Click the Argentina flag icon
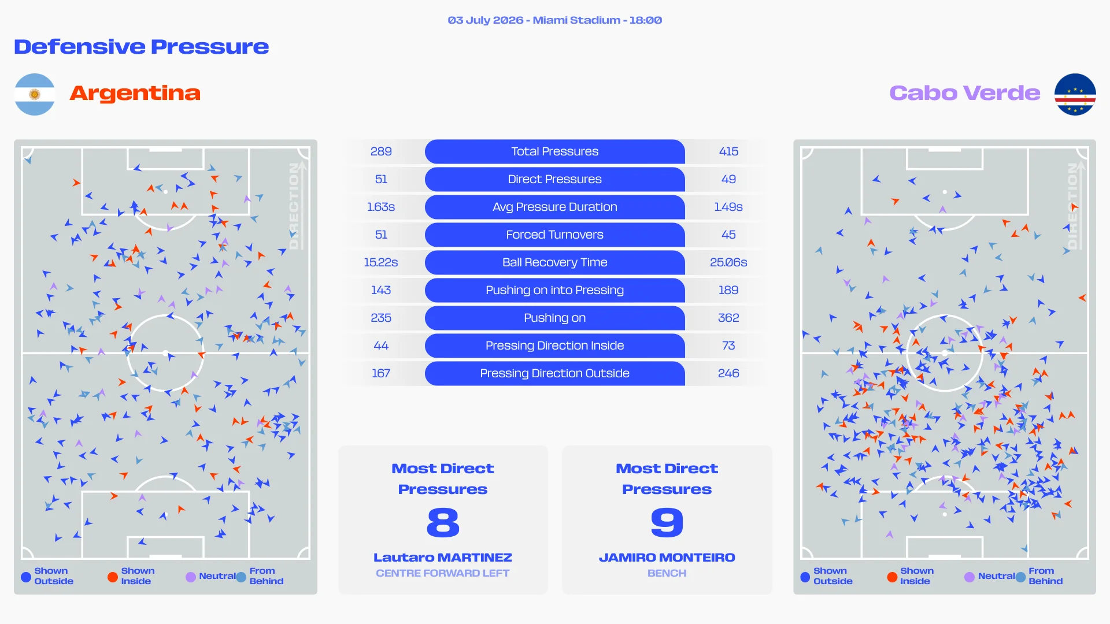point(35,94)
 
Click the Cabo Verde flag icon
point(1075,94)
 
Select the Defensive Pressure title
point(142,47)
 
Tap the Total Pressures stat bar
point(555,151)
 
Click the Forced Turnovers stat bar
point(555,235)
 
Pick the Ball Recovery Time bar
point(555,262)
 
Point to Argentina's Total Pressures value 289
point(381,151)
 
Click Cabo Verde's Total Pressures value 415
point(728,151)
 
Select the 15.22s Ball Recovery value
point(381,262)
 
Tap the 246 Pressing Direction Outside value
point(728,373)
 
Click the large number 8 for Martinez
point(443,522)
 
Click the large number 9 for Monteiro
point(667,522)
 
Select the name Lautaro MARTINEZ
point(443,558)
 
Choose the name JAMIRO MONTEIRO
point(667,558)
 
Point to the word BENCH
point(667,573)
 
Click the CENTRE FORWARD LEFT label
point(443,573)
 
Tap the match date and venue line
point(555,20)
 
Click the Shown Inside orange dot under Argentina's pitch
point(113,577)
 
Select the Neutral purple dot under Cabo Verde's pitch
point(970,577)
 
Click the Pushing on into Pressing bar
point(555,290)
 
